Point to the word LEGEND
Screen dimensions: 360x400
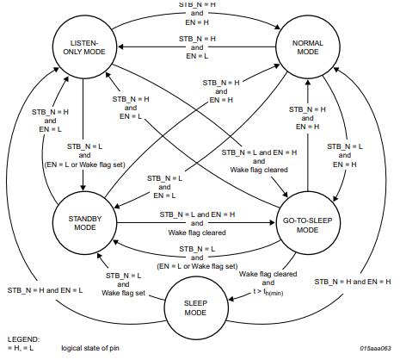22,339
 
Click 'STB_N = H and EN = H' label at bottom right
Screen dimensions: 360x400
352,282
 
